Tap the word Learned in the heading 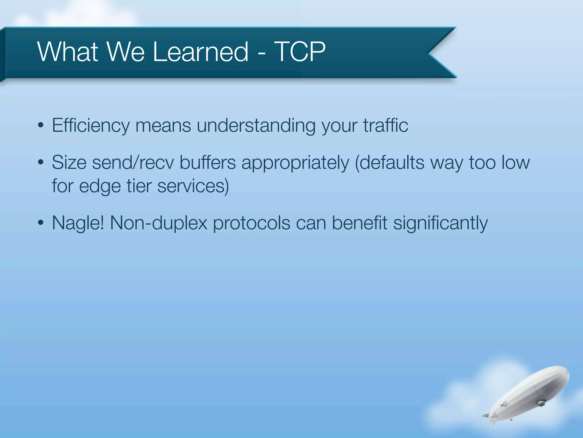tap(201, 52)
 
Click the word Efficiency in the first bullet tap(91, 125)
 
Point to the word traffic tap(385, 125)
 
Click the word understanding tap(256, 125)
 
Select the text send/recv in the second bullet tap(133, 163)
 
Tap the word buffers tap(208, 163)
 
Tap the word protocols tap(251, 223)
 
